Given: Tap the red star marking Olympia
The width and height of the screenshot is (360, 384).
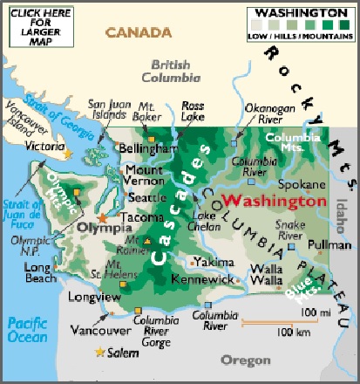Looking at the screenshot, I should pyautogui.click(x=104, y=216).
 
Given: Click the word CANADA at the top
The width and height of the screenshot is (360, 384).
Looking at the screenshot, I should pyautogui.click(x=139, y=33).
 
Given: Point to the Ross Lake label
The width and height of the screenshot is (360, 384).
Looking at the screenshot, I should pyautogui.click(x=193, y=111).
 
